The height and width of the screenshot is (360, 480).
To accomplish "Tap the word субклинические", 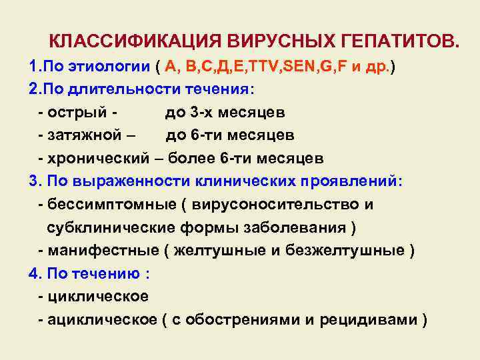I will pos(109,227).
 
